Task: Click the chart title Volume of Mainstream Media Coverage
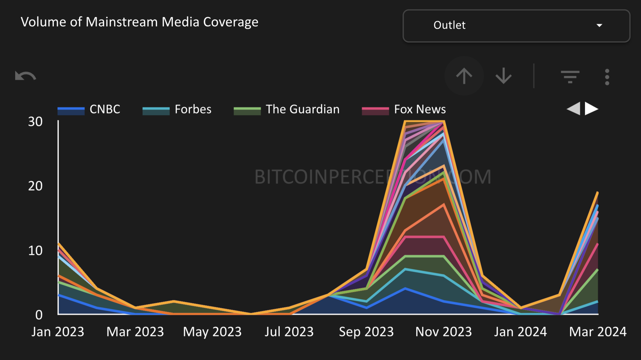click(x=139, y=22)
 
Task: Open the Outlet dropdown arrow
click(x=599, y=25)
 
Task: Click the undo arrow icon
click(x=25, y=76)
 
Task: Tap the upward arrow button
click(x=464, y=76)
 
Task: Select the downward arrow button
click(x=503, y=76)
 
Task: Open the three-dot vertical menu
click(x=607, y=77)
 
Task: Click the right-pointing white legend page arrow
click(x=591, y=108)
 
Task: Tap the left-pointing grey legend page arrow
click(x=574, y=108)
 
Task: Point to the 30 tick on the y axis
click(x=35, y=122)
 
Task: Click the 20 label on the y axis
click(x=35, y=186)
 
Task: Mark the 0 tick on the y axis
click(x=39, y=315)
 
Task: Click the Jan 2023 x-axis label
click(x=58, y=332)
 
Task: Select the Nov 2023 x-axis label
click(x=444, y=332)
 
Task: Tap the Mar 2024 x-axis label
click(x=597, y=332)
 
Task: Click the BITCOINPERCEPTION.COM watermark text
click(x=372, y=177)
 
